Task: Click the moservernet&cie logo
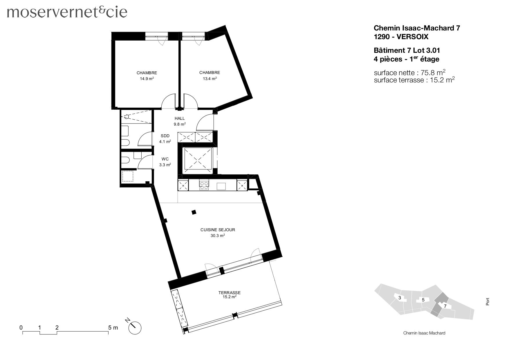tap(67, 12)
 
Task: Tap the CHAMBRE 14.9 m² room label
tap(147, 75)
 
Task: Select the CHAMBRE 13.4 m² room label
tap(210, 75)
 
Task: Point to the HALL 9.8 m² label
tap(180, 121)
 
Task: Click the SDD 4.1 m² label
tap(165, 139)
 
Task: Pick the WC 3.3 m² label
tap(165, 162)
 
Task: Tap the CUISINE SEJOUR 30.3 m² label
tap(218, 232)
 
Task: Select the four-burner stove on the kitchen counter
tap(204, 185)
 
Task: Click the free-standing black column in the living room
tap(194, 212)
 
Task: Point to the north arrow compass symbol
tap(135, 328)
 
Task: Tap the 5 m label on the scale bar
tap(113, 328)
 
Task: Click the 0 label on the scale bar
tap(21, 328)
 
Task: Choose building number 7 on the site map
tap(445, 306)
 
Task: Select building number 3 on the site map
tap(400, 298)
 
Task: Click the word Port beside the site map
tap(488, 301)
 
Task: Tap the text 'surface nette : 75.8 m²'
tap(409, 73)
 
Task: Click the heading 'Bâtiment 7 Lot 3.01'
tap(407, 50)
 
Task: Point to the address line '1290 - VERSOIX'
tap(401, 37)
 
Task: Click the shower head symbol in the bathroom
tap(127, 117)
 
